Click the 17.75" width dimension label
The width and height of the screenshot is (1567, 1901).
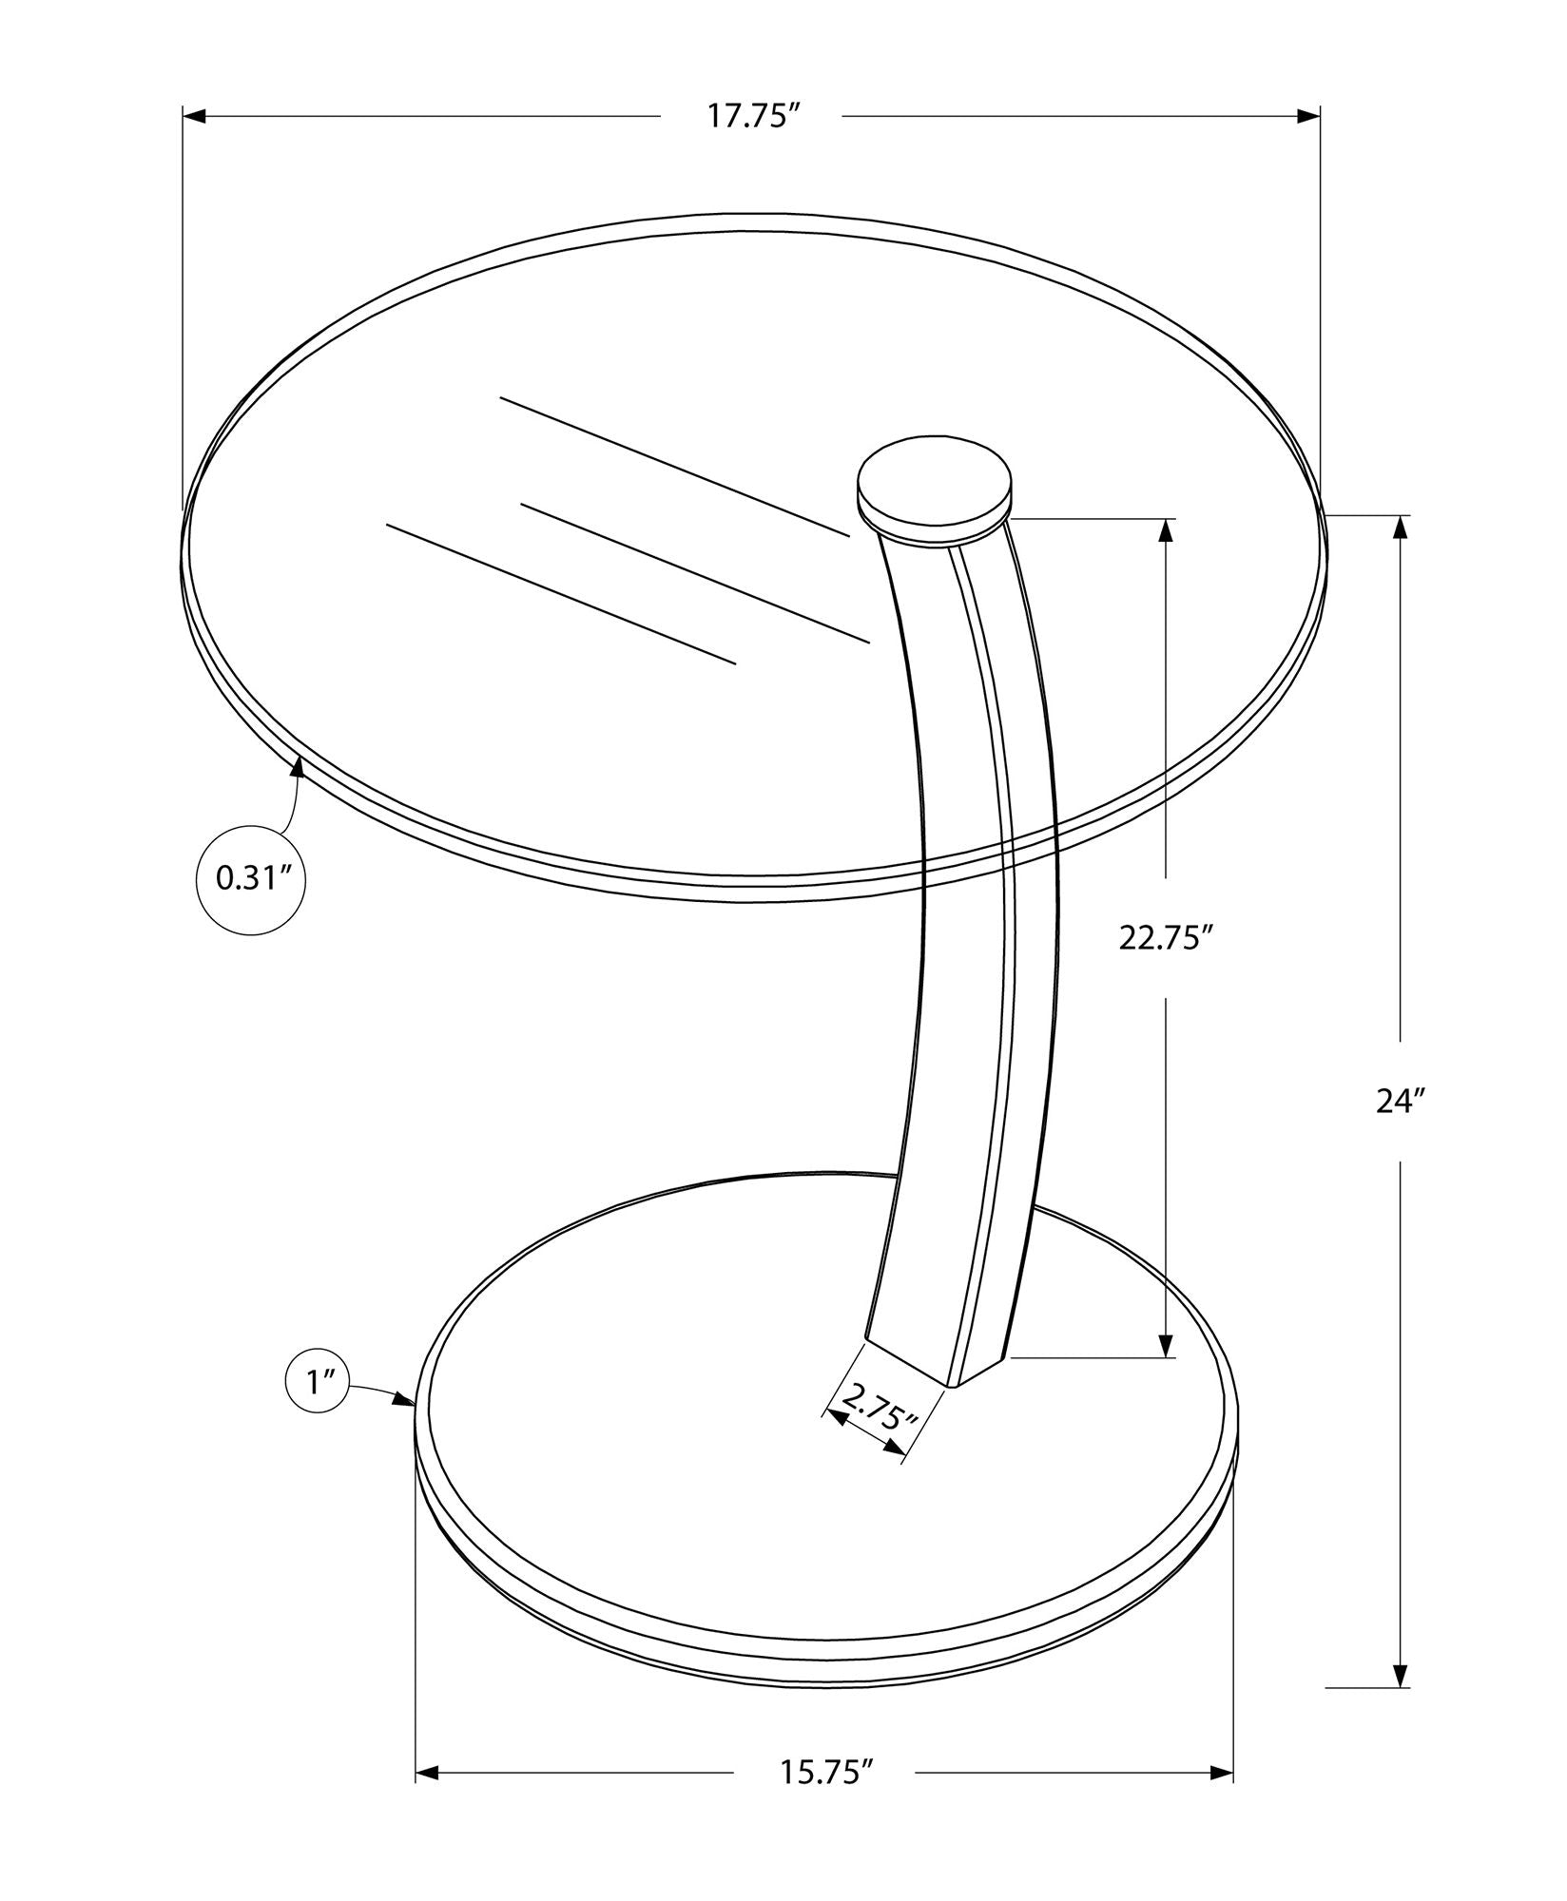751,116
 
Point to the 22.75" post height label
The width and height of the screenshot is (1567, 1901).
1166,938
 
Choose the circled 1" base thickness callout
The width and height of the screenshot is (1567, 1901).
317,1382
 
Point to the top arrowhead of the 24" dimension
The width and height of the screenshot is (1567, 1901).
1401,528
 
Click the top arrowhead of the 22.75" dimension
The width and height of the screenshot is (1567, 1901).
1166,530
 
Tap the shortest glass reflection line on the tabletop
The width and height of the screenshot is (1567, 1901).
695,567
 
